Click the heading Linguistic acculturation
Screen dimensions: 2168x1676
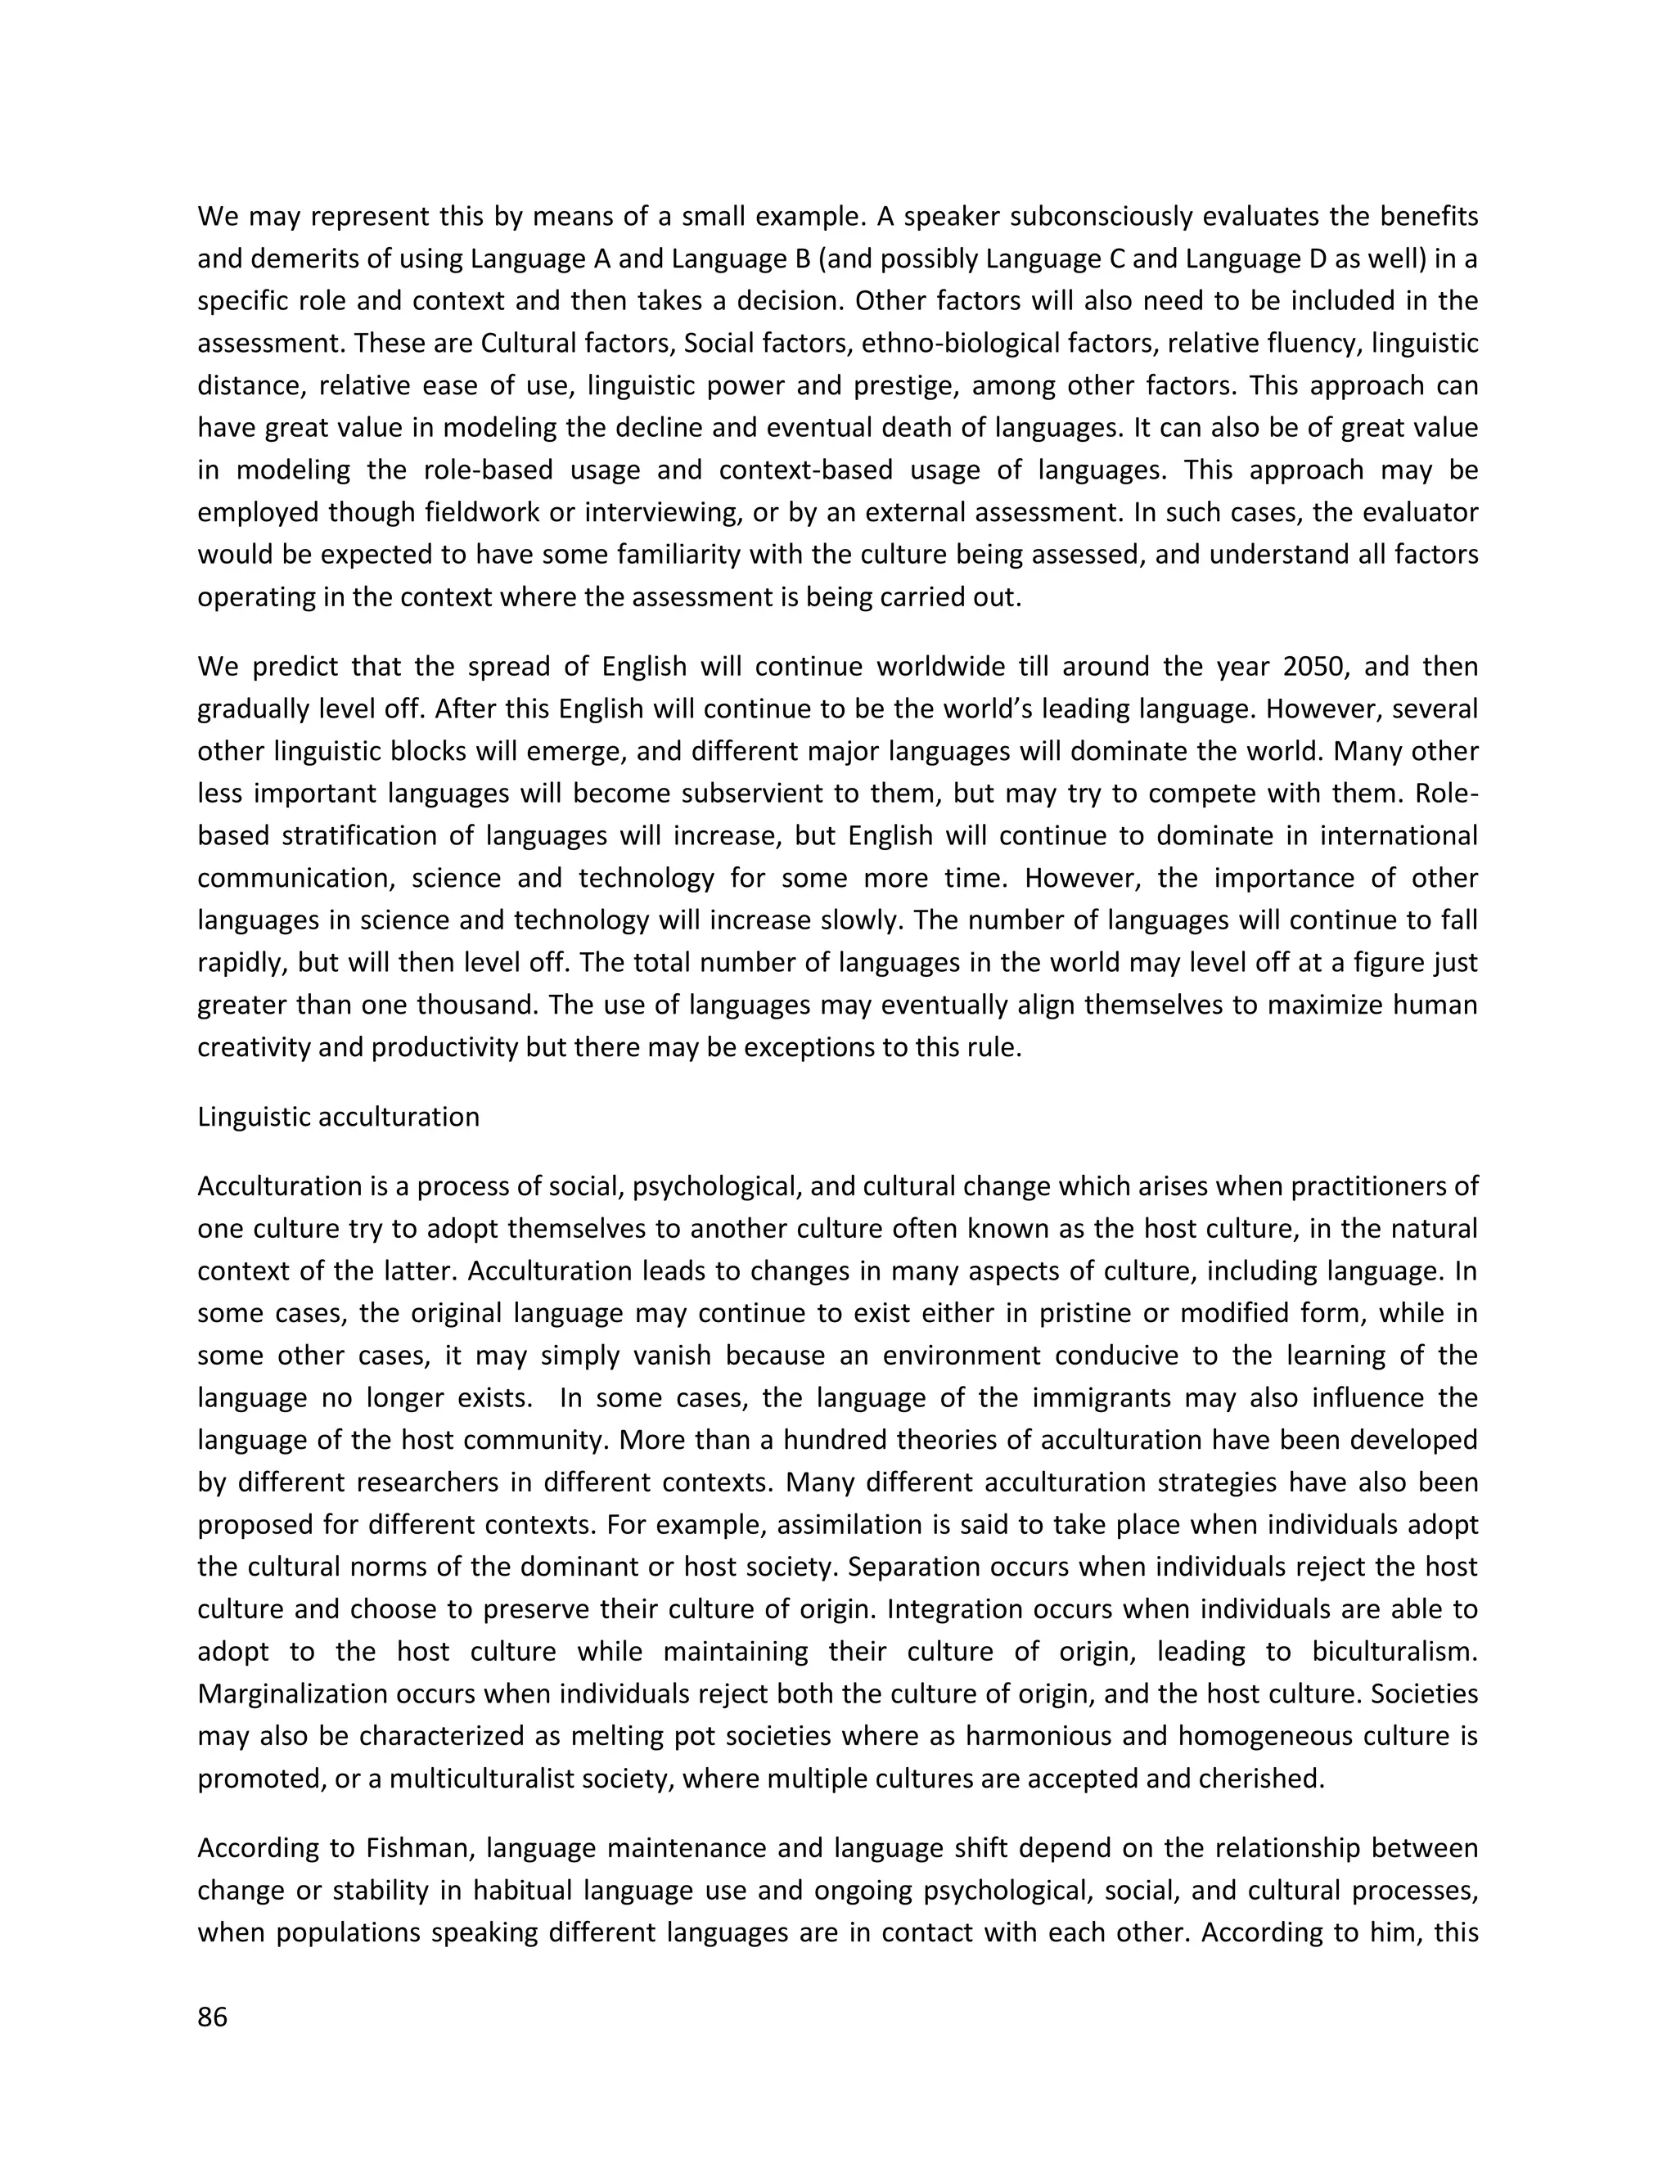point(338,1117)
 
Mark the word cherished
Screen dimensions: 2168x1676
point(1263,1778)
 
